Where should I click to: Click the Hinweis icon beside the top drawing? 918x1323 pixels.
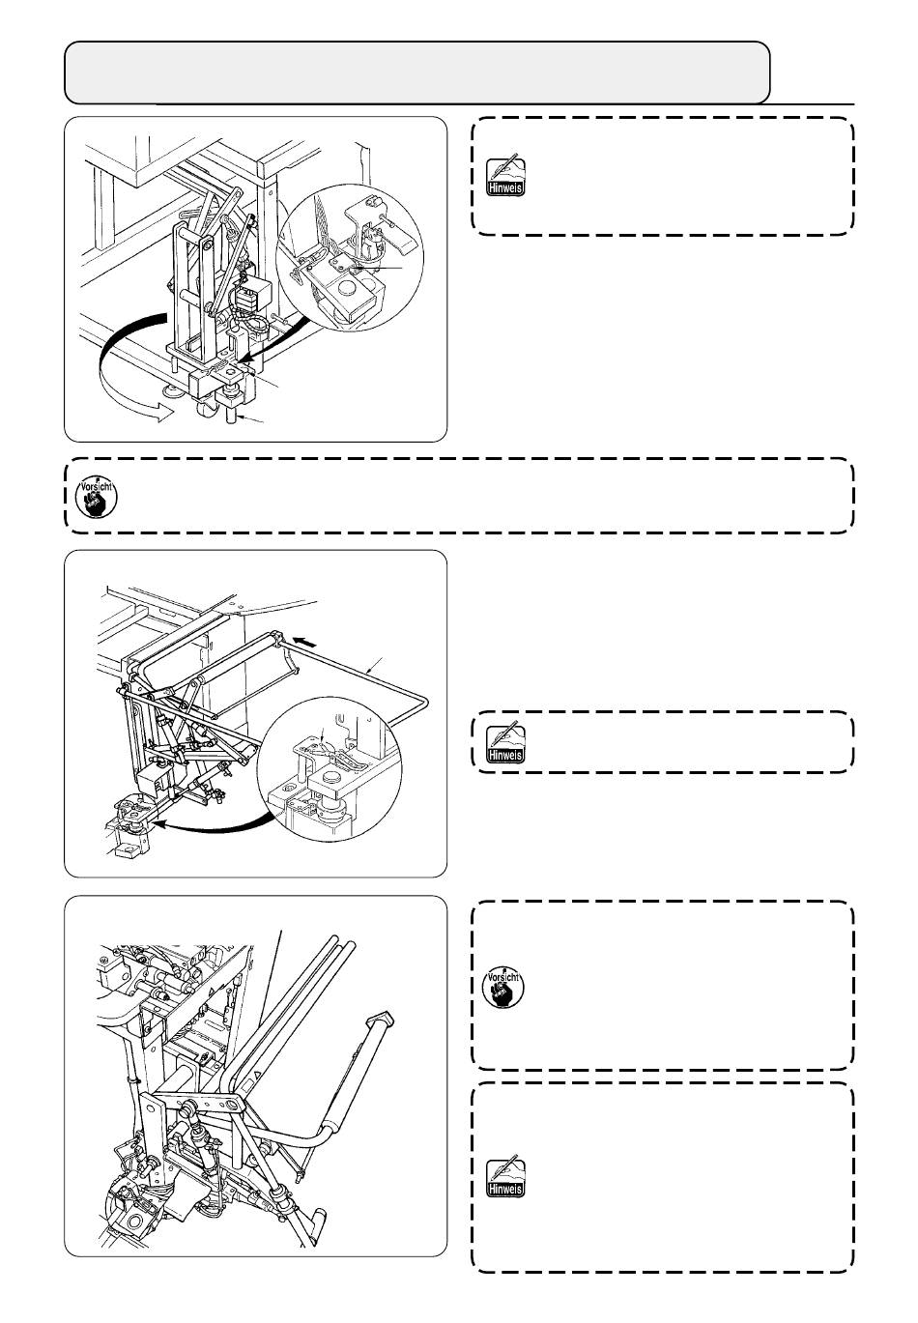click(x=504, y=175)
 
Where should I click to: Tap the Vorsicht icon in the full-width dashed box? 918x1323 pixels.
click(x=95, y=495)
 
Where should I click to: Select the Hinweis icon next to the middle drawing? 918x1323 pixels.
click(x=504, y=742)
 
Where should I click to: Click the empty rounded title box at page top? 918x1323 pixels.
click(x=416, y=72)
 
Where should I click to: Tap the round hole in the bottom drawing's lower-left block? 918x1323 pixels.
click(x=125, y=1203)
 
